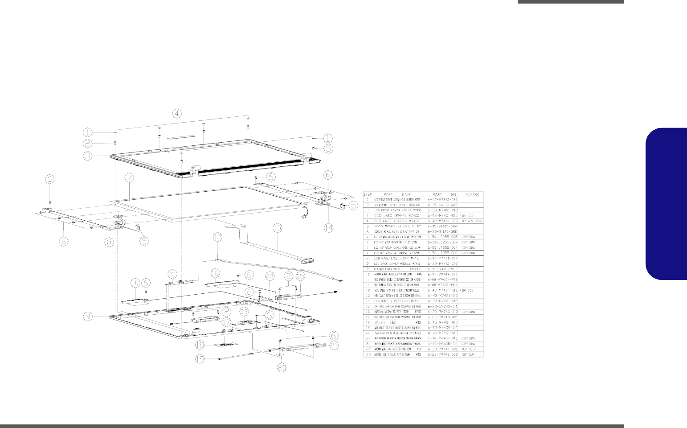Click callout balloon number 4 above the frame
[x=177, y=113]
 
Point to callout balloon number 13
[x=278, y=228]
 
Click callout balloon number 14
[x=328, y=227]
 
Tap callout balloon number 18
[x=201, y=345]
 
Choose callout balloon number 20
[x=282, y=367]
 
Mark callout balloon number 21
[x=334, y=345]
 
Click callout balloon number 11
[x=172, y=273]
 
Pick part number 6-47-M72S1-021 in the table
[x=442, y=200]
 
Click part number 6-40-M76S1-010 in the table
[x=442, y=333]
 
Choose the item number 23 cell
[x=368, y=354]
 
